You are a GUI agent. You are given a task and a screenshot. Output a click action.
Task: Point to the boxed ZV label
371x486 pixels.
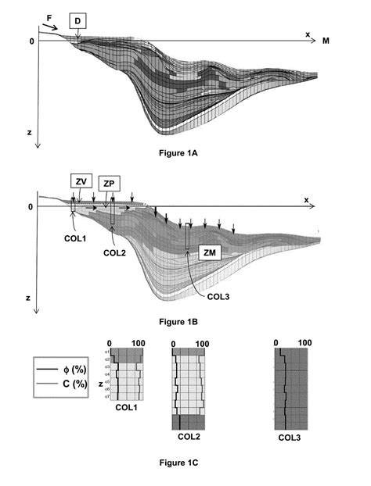tap(81, 182)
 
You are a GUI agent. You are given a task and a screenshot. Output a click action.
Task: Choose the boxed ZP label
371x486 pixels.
tap(110, 182)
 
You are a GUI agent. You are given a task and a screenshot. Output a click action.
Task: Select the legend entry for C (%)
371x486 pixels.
tap(71, 383)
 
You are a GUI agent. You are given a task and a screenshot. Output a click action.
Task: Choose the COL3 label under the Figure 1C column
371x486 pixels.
tap(290, 438)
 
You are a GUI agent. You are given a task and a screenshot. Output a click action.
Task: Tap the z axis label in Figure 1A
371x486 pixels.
tap(28, 134)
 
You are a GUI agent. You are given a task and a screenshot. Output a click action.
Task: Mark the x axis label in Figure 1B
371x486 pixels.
tap(306, 200)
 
